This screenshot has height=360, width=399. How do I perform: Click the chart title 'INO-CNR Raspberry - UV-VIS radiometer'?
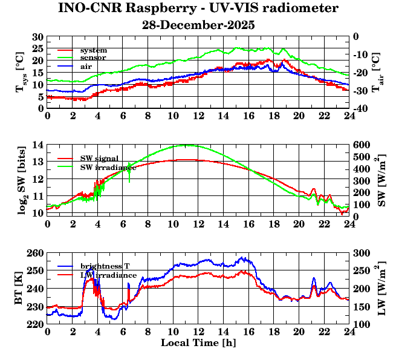198,9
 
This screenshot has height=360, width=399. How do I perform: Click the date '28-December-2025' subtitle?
198,25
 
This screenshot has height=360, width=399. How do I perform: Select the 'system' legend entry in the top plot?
93,50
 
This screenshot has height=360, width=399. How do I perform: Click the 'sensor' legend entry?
93,57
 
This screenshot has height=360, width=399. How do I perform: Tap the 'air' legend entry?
86,66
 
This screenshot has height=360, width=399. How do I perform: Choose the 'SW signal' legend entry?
99,159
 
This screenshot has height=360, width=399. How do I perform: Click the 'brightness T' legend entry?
104,266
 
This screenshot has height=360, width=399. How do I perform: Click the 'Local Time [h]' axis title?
198,343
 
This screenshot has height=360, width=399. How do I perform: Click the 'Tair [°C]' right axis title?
376,72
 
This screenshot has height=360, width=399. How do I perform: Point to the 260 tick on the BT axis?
36,253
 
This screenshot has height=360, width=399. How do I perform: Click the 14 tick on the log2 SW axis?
37,145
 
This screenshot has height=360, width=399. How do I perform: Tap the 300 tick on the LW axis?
362,253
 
